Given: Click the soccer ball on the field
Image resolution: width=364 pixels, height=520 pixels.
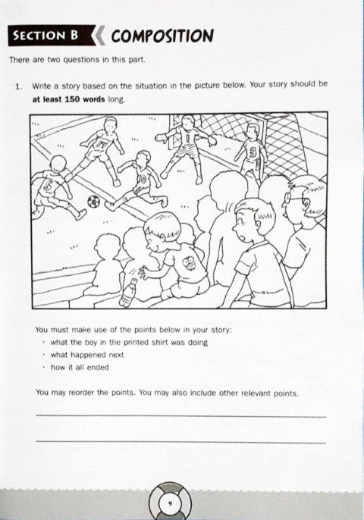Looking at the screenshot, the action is [93, 201].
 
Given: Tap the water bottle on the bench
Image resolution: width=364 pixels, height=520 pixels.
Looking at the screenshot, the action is [128, 293].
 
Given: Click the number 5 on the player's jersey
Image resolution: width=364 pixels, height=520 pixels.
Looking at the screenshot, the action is [48, 186].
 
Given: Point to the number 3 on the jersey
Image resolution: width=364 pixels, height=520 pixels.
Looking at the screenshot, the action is [253, 152].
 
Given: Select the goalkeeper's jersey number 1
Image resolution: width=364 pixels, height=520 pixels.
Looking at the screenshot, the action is [187, 138].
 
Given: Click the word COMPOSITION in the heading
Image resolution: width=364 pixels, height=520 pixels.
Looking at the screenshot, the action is [162, 36].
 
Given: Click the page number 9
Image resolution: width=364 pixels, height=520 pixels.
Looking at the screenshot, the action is [170, 504].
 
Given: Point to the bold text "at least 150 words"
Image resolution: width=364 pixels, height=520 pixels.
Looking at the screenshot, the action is [69, 99].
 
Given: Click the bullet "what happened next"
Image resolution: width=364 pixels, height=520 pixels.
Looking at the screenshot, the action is [87, 355].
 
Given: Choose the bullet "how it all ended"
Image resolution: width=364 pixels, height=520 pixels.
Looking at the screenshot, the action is [80, 368].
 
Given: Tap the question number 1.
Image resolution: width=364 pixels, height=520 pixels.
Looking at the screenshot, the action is [19, 87].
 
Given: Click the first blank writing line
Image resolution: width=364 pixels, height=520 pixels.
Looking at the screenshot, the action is [181, 416].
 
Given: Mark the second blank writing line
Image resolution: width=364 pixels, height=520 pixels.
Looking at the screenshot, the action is [181, 442].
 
